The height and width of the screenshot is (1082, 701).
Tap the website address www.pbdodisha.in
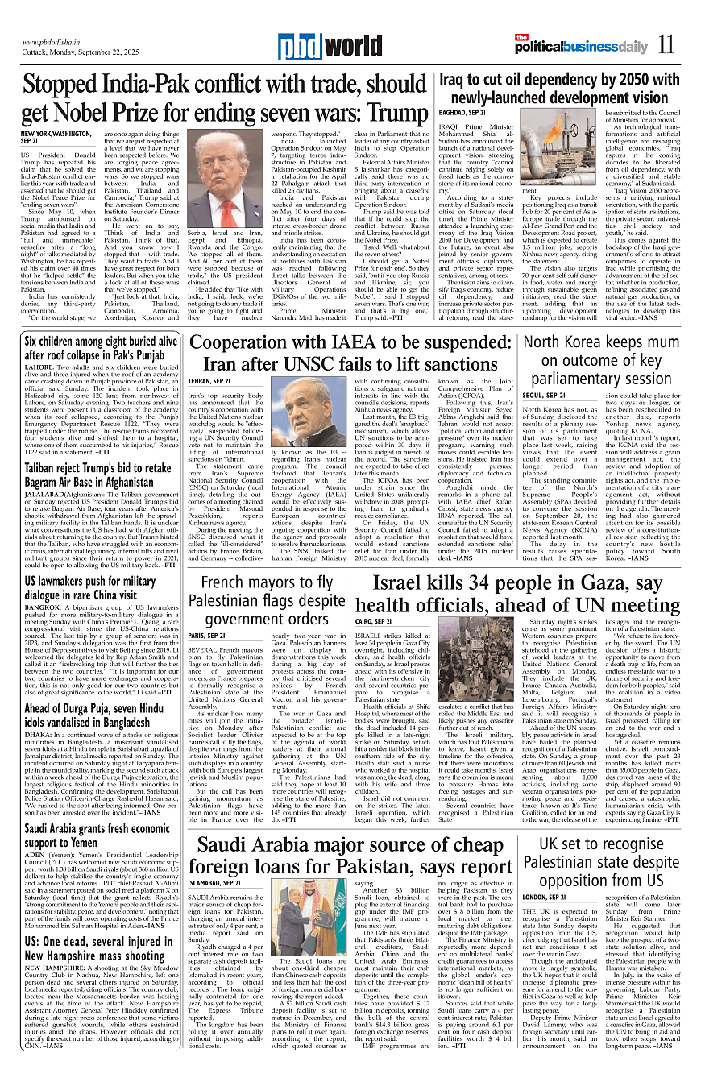click(x=56, y=42)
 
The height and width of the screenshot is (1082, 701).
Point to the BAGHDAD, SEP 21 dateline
click(x=462, y=113)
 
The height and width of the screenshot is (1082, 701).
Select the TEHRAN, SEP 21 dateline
click(x=209, y=380)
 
